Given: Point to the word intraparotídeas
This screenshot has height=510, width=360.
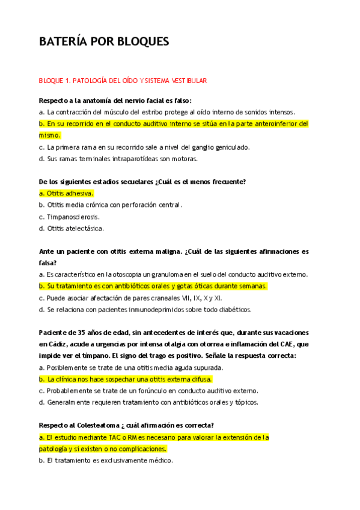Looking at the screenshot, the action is tap(127, 159).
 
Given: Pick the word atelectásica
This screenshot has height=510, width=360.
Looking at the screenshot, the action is tap(85, 229).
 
